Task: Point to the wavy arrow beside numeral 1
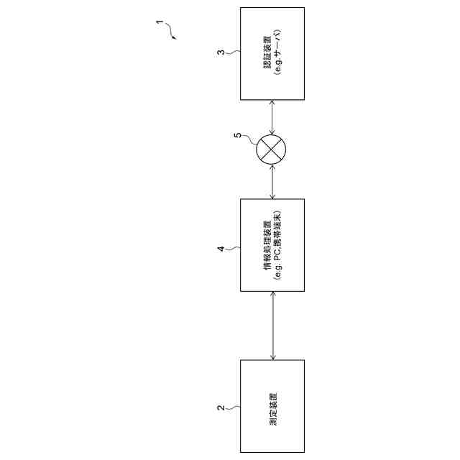coord(170,32)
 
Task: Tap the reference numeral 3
coord(221,53)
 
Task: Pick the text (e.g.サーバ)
coord(277,53)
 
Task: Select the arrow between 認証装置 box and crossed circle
coord(272,117)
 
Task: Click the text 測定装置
coord(272,407)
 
